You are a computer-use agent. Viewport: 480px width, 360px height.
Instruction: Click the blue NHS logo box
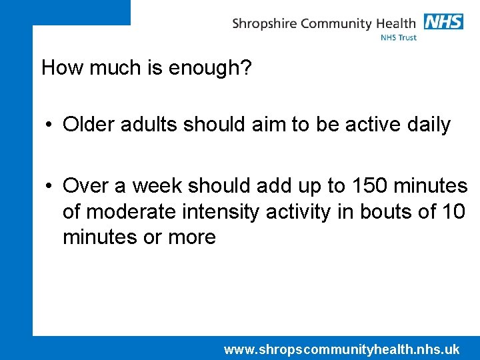point(443,21)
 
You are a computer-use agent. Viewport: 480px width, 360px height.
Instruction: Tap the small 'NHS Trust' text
point(399,38)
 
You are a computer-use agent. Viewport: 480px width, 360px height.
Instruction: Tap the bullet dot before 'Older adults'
point(50,125)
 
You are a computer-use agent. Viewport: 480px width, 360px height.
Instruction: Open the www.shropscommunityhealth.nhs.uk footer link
point(341,349)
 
